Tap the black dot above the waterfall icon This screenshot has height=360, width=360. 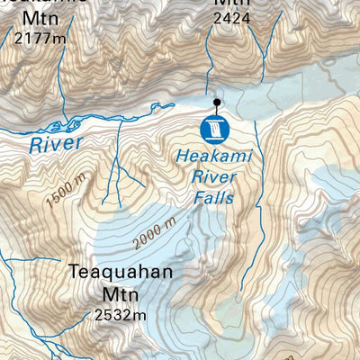216,103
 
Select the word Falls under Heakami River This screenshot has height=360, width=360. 213,198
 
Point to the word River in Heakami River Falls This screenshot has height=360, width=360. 213,178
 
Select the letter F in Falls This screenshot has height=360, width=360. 195,198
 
